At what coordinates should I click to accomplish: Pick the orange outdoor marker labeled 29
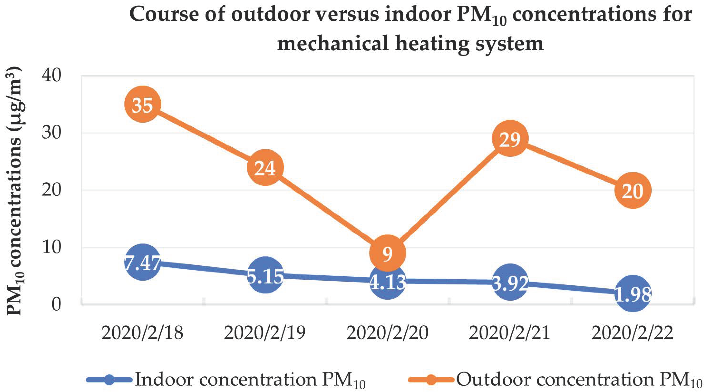point(510,139)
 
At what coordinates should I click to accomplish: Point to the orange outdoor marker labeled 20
point(633,190)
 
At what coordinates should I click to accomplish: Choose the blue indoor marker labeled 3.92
point(510,282)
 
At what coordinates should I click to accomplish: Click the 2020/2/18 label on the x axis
point(142,333)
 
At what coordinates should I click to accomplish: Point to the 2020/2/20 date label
point(388,333)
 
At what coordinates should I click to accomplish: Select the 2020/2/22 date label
point(633,333)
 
